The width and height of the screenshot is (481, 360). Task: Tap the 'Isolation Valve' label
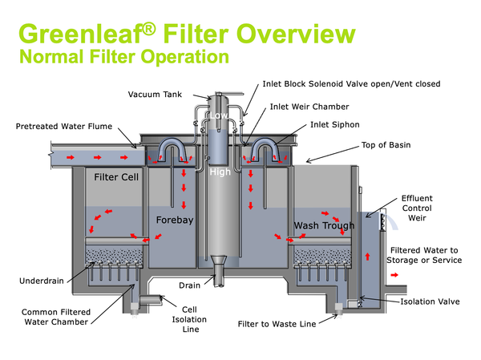[x=430, y=301]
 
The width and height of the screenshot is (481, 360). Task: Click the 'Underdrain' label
[x=36, y=281]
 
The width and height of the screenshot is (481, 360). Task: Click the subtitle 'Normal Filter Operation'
[x=123, y=57]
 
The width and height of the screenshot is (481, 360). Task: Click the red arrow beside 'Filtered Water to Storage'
[x=394, y=274]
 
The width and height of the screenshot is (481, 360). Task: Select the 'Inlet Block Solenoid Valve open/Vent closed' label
[x=351, y=83]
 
